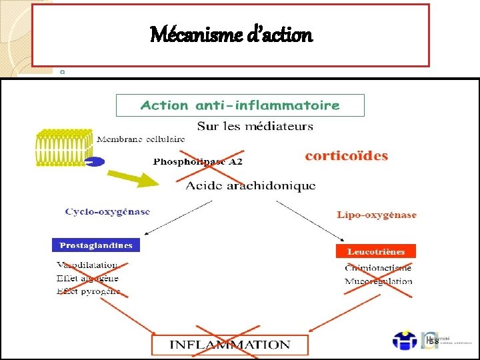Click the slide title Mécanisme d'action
click(231, 34)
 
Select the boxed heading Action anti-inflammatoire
click(240, 105)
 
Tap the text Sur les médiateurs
click(255, 126)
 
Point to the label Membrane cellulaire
click(141, 139)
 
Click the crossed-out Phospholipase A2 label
click(198, 161)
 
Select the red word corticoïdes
click(346, 156)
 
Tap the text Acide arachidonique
click(250, 185)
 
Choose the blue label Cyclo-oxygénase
click(107, 211)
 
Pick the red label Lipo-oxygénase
click(377, 215)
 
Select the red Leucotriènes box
click(376, 251)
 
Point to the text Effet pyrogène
click(88, 291)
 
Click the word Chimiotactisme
click(378, 268)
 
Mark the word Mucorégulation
click(378, 281)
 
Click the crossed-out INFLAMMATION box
click(231, 345)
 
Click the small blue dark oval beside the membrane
click(95, 161)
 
